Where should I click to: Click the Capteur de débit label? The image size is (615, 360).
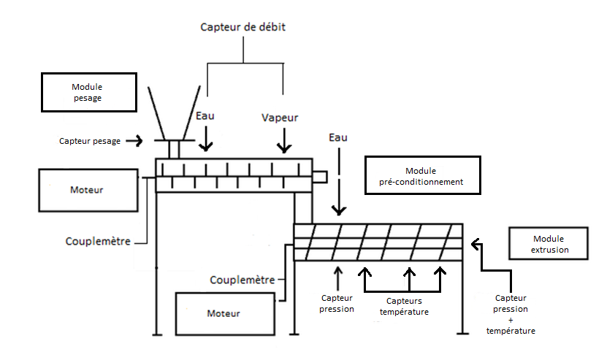pyautogui.click(x=244, y=28)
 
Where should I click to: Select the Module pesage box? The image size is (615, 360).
pyautogui.click(x=89, y=92)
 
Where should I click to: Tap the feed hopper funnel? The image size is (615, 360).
pyautogui.click(x=174, y=113)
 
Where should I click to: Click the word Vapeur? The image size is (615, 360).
pyautogui.click(x=280, y=117)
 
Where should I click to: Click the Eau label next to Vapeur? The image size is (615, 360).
pyautogui.click(x=206, y=115)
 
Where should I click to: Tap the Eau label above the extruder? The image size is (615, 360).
pyautogui.click(x=338, y=137)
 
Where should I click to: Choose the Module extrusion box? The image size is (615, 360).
pyautogui.click(x=550, y=244)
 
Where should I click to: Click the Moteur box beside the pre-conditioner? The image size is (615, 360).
pyautogui.click(x=87, y=190)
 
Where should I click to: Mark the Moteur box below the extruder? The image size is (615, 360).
pyautogui.click(x=224, y=313)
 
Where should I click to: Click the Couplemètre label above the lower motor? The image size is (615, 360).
pyautogui.click(x=242, y=279)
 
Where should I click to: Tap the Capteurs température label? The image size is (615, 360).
pyautogui.click(x=404, y=306)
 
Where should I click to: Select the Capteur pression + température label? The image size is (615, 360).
pyautogui.click(x=511, y=314)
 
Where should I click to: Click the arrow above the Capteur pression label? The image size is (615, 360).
pyautogui.click(x=337, y=277)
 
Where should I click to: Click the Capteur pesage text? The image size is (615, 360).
pyautogui.click(x=90, y=141)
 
